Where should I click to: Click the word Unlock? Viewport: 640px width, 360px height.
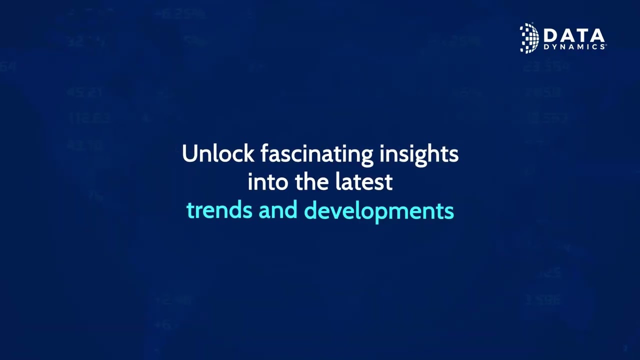(218, 153)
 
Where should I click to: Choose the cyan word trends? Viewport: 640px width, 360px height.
(219, 210)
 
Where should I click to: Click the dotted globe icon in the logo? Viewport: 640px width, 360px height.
(529, 38)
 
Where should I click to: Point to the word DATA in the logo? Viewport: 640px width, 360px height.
(573, 36)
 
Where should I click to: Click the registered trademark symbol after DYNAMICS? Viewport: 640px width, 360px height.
(605, 45)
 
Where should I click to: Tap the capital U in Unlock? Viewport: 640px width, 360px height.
(189, 153)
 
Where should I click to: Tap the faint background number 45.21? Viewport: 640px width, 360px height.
(84, 92)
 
